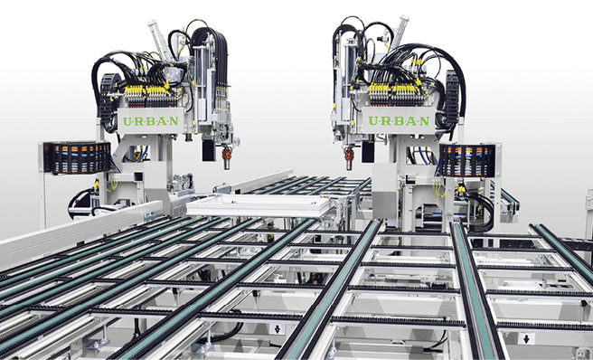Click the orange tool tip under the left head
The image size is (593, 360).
click(x=227, y=161)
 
